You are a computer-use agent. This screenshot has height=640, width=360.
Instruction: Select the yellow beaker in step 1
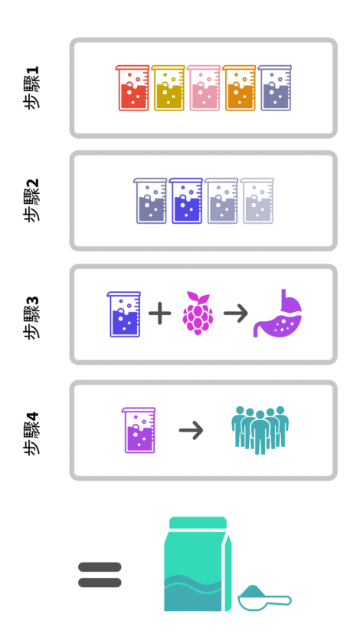click(169, 87)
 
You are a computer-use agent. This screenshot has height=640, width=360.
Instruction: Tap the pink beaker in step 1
click(204, 87)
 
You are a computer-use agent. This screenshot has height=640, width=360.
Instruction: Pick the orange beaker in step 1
click(239, 87)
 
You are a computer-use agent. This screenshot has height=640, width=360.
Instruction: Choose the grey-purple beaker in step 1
click(275, 87)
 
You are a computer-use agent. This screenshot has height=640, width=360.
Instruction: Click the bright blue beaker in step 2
click(186, 200)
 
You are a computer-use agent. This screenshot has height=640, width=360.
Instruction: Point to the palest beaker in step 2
click(257, 200)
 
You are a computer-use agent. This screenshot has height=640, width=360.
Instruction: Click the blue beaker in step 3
click(124, 314)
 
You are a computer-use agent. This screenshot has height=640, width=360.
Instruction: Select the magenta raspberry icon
click(198, 313)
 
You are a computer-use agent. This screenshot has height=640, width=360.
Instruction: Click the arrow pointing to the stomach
click(236, 313)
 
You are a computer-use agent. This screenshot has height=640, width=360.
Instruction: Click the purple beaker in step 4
click(139, 430)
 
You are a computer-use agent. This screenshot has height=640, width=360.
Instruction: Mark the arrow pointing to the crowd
click(191, 430)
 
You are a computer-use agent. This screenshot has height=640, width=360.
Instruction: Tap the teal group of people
click(260, 430)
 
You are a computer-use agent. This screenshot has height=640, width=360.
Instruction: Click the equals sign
click(100, 575)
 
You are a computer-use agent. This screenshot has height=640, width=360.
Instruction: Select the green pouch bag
click(198, 564)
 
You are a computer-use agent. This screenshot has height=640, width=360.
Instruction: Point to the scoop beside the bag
click(264, 598)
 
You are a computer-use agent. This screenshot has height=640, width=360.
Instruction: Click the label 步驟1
click(31, 87)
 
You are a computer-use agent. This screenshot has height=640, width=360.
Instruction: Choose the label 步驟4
click(31, 433)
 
